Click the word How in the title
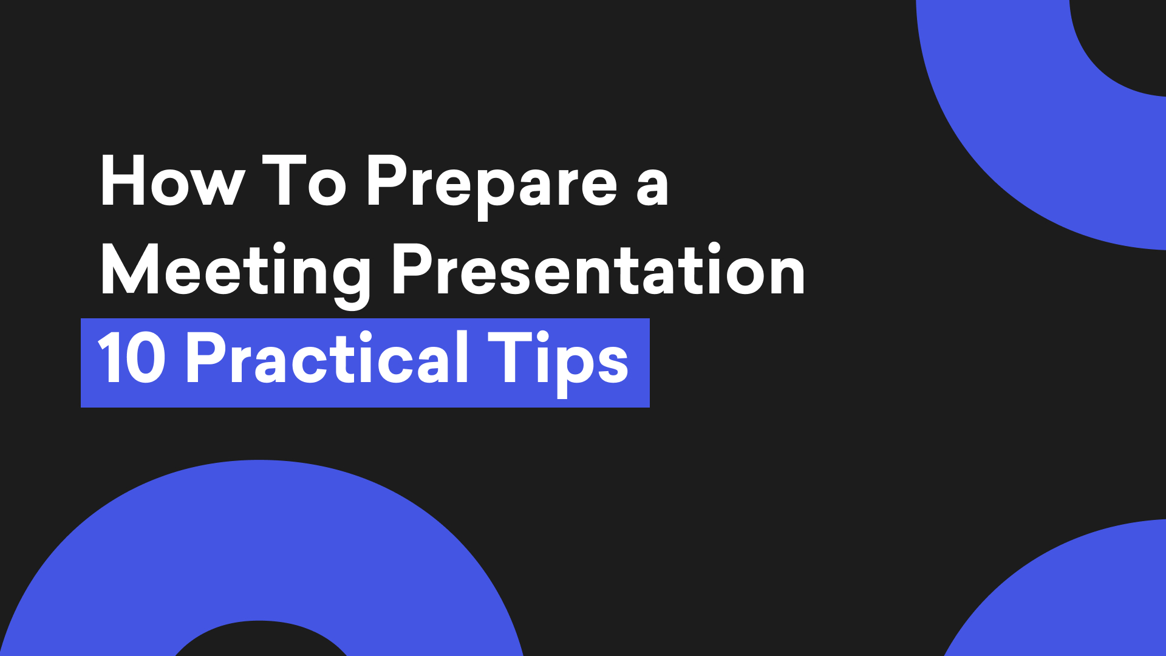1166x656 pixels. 172,182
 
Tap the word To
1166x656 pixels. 304,182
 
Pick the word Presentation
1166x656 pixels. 598,270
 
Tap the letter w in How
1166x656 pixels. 216,186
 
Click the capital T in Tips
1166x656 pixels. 509,358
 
